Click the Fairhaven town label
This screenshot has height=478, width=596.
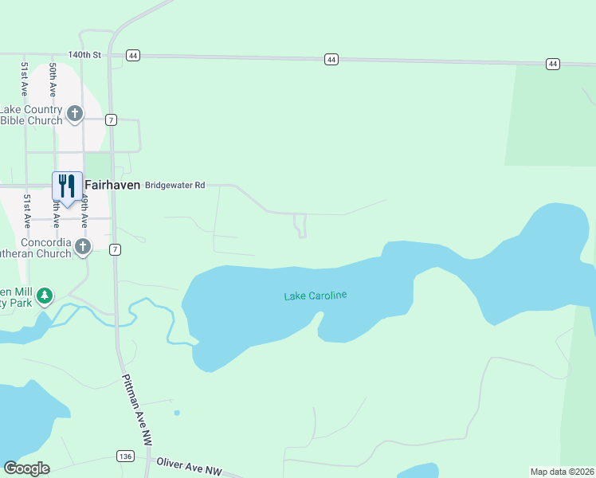[112, 185]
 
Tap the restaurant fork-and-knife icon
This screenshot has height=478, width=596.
[67, 186]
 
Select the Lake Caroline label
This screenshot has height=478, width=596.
[316, 296]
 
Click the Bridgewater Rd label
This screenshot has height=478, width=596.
[174, 185]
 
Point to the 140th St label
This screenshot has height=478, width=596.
[85, 55]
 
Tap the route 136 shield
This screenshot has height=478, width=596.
[124, 456]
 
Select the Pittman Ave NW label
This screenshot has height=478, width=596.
[136, 410]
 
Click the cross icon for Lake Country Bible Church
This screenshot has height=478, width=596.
[75, 114]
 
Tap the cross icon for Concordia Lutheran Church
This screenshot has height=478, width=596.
[83, 248]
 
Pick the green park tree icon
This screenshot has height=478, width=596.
[45, 296]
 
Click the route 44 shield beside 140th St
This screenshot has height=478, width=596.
[132, 56]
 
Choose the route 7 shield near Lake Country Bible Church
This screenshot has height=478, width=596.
[111, 119]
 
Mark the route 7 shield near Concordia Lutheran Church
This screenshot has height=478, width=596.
[116, 249]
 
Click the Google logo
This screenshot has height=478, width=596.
[26, 468]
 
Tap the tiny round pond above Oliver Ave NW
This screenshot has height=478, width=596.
[176, 413]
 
